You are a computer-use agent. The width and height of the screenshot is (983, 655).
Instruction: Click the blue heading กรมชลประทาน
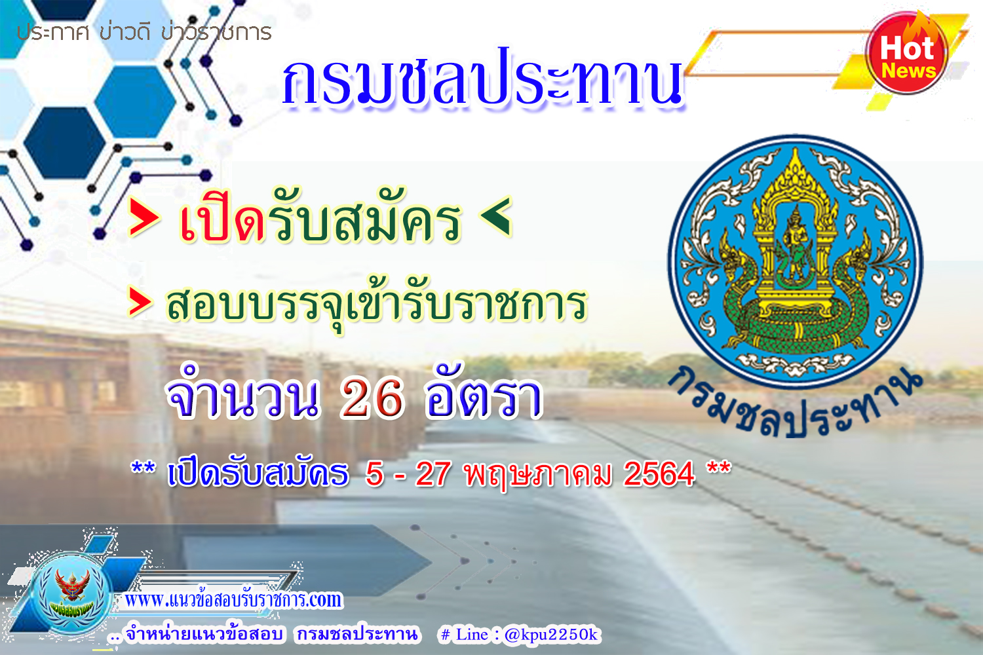[x=483, y=79]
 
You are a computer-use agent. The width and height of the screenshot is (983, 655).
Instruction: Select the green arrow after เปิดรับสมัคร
[x=496, y=216]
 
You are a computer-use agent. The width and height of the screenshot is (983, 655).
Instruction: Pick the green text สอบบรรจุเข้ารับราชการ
[x=377, y=303]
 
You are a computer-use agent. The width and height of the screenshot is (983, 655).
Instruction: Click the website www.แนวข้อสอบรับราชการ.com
[x=233, y=599]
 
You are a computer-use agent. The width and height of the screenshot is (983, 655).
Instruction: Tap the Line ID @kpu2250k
[x=550, y=635]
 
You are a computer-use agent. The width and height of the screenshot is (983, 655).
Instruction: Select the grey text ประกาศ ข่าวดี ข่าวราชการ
[x=144, y=33]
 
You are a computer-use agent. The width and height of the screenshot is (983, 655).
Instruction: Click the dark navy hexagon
[x=64, y=143]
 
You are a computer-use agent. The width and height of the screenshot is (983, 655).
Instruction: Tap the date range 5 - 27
[x=408, y=474]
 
